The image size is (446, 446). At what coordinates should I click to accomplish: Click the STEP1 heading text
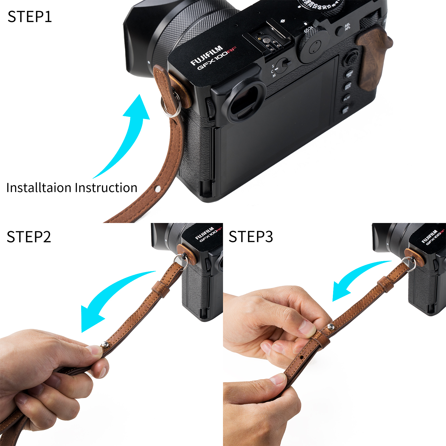pos(30,17)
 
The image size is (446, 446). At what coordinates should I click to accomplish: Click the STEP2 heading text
pos(29,237)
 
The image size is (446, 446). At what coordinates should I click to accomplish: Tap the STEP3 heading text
pos(251,237)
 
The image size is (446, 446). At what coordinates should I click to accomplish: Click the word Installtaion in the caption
pos(39,188)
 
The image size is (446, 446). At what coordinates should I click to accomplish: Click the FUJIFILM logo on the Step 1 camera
pos(207,55)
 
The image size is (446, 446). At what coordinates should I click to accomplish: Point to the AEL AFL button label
pos(347,27)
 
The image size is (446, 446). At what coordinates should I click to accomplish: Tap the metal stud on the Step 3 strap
pos(331,327)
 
